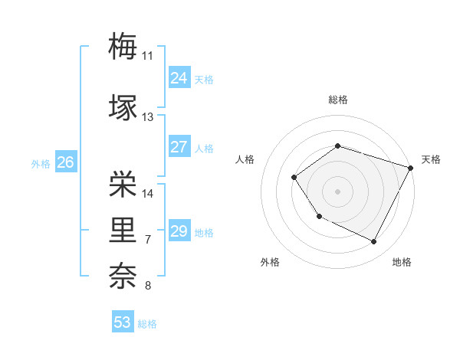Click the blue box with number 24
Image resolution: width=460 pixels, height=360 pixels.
(x=179, y=78)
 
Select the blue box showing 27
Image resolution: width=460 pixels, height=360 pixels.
(x=179, y=147)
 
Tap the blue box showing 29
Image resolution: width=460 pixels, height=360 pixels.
(x=179, y=231)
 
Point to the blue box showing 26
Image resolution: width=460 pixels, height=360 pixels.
(x=65, y=162)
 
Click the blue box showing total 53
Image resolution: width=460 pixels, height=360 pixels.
(x=123, y=322)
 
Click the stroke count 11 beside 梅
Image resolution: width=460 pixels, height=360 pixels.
(x=147, y=56)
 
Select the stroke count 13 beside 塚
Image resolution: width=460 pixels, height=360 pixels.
(x=147, y=117)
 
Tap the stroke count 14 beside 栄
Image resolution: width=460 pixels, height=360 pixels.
(x=147, y=194)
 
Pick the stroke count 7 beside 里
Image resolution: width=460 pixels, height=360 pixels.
(x=147, y=240)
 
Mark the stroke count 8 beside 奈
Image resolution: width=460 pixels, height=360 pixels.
(x=147, y=286)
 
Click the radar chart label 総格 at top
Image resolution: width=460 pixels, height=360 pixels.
(x=337, y=100)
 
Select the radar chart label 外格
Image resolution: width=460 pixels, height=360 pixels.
(x=270, y=262)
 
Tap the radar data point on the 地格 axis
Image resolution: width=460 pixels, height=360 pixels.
(x=373, y=242)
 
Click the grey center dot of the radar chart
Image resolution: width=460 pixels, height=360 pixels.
(x=337, y=191)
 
